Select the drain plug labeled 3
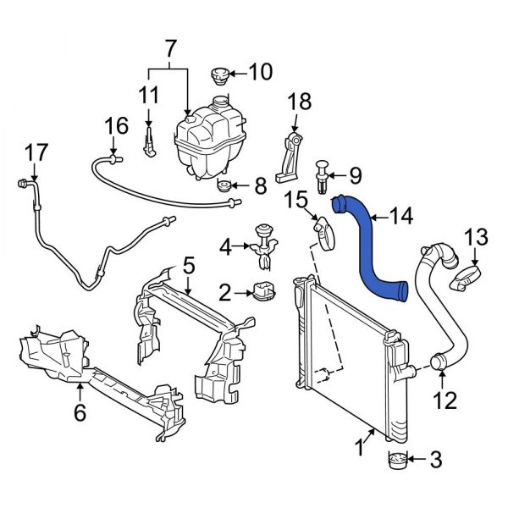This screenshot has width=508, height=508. coord(397,461)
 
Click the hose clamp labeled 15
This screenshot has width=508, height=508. coord(325,229)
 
